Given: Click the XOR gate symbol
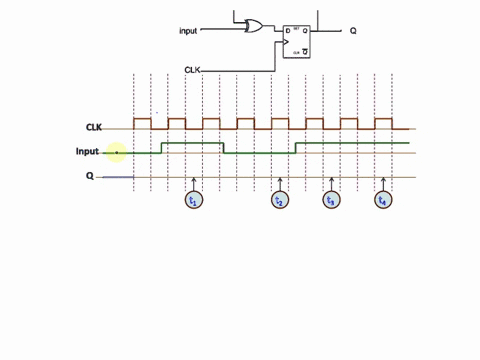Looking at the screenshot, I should [254, 27].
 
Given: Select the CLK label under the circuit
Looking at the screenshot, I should [194, 69].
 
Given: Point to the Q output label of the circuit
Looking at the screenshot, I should [353, 31].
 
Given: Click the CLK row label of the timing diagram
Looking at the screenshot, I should [94, 127].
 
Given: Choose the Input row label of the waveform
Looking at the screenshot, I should [88, 152].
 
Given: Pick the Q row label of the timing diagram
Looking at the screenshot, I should [89, 177].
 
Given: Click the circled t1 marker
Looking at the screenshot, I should [195, 200].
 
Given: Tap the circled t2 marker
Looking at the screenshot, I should [280, 200].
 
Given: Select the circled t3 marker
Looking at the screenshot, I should [331, 200].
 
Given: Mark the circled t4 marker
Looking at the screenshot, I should [382, 200].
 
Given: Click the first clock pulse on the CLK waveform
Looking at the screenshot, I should [142, 123].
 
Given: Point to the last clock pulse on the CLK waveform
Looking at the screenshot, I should [383, 123].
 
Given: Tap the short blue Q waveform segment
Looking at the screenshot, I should [118, 178].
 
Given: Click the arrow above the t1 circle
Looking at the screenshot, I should [195, 183].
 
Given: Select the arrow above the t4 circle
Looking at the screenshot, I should [382, 183].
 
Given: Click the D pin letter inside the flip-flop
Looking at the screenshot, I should [288, 31].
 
